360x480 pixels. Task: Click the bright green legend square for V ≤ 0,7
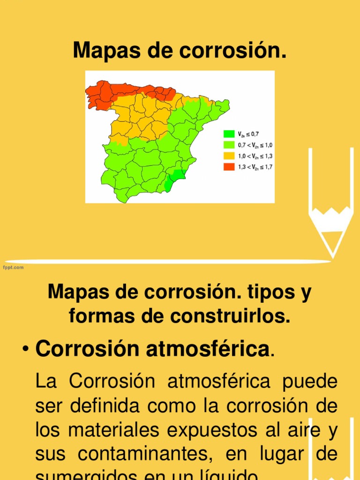(x=229, y=134)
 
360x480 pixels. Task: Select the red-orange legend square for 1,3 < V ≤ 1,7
(x=229, y=166)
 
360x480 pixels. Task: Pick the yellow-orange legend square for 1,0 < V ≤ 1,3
(x=229, y=156)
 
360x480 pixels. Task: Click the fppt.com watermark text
(x=14, y=267)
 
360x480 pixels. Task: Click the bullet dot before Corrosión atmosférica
(x=26, y=350)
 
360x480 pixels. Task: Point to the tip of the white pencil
(x=333, y=256)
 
